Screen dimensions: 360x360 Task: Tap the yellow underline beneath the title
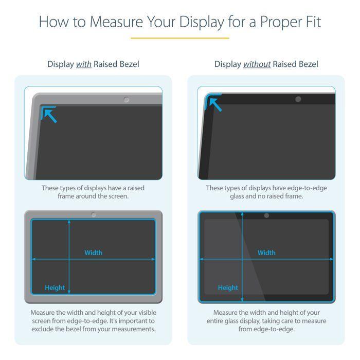point(179,38)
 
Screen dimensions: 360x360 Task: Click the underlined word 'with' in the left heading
point(84,64)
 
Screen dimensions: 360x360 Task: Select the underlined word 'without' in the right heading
point(257,64)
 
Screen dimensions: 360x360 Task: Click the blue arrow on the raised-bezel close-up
point(49,114)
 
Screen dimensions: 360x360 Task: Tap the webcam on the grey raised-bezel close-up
point(127,99)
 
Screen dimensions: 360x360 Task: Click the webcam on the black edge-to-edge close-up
point(298,99)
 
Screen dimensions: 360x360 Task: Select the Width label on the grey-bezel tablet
point(93,253)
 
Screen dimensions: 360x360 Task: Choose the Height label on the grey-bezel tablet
point(55,287)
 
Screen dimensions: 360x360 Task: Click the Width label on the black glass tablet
point(266,253)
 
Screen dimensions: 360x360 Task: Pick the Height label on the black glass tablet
point(228,287)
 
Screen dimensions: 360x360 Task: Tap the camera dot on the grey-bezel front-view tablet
point(93,215)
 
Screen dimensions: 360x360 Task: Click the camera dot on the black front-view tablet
point(266,215)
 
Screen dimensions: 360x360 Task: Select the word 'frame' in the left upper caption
point(67,196)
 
